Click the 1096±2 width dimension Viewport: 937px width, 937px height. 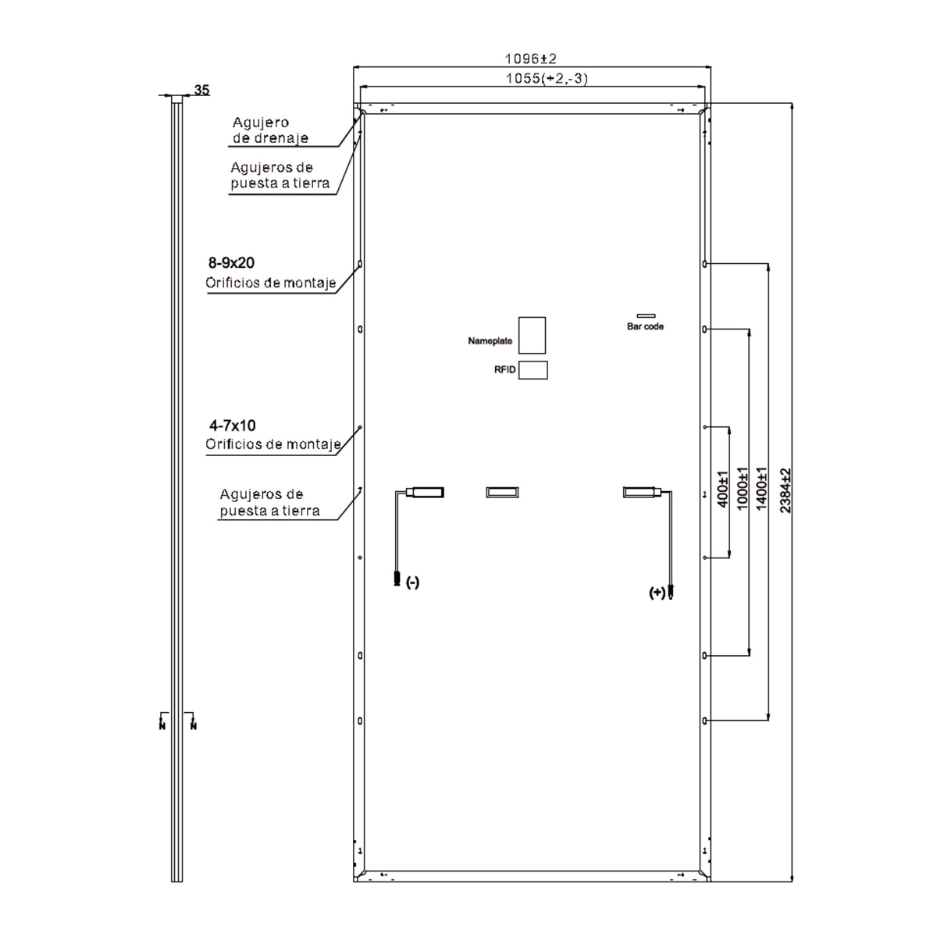(530, 59)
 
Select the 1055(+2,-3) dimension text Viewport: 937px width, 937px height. (547, 78)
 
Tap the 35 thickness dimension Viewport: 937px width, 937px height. (201, 90)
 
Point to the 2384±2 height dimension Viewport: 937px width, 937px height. (785, 490)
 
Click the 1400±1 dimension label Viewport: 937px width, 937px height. (761, 488)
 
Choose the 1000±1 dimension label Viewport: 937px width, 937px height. (742, 488)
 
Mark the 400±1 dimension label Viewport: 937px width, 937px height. (723, 489)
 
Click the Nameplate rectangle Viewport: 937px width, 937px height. (532, 335)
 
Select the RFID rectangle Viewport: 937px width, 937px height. (533, 370)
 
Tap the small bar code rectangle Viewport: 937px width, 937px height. (646, 315)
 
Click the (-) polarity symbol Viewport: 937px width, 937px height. (412, 582)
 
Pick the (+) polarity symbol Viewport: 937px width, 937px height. (657, 592)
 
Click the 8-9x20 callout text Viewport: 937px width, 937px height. (231, 262)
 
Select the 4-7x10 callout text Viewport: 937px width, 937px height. (233, 426)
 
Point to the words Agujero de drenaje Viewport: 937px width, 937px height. (270, 130)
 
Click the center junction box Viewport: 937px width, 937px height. (502, 492)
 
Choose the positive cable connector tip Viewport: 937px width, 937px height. (671, 592)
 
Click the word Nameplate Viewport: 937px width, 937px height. (490, 341)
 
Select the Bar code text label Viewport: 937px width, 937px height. (645, 326)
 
